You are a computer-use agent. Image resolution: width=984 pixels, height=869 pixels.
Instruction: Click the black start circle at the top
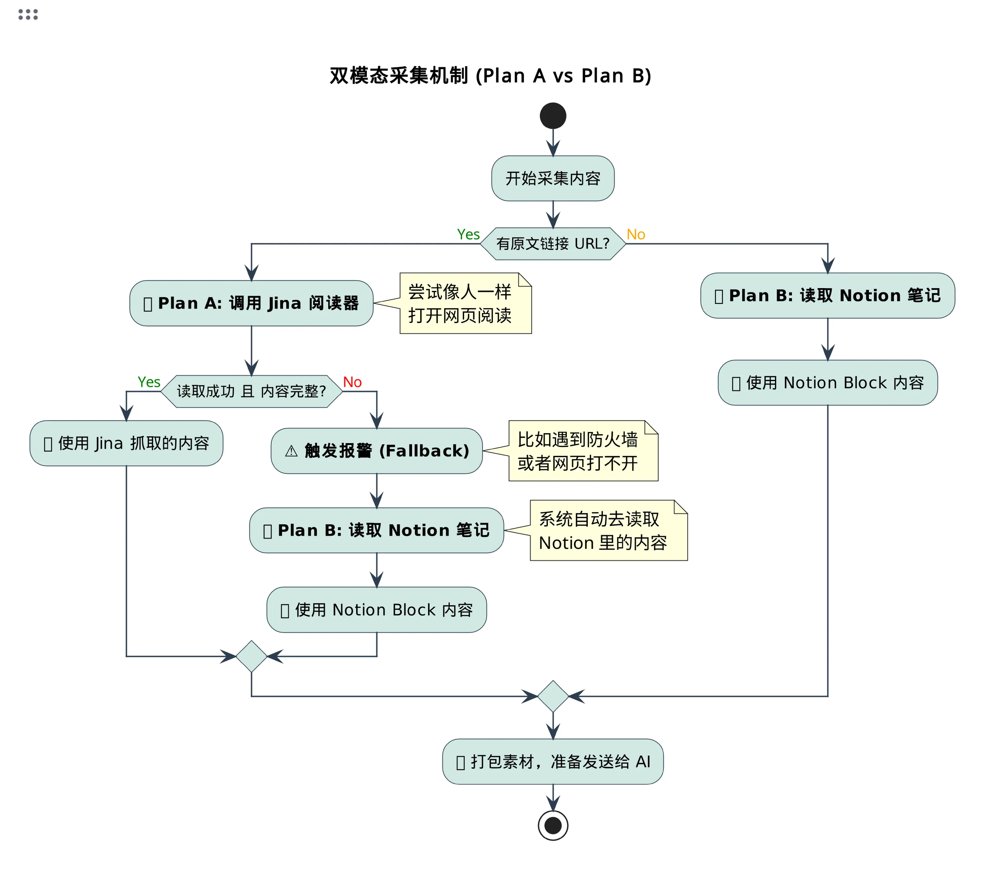[553, 116]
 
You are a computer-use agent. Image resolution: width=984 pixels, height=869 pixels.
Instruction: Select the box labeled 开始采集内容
[553, 178]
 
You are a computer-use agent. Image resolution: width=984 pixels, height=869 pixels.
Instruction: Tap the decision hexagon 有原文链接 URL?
[553, 244]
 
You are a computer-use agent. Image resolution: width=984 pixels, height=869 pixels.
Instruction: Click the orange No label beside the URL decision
[635, 235]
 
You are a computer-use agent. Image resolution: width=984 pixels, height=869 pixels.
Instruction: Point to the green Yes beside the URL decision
[468, 235]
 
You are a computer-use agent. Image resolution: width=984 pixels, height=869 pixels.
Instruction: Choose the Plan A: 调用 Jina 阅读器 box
[251, 303]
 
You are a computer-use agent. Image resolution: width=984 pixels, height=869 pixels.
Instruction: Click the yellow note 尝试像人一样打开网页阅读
[465, 304]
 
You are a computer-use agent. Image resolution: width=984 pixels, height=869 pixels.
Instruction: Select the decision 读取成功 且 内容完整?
[251, 391]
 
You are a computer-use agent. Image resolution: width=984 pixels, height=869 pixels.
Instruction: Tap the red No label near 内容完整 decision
[352, 382]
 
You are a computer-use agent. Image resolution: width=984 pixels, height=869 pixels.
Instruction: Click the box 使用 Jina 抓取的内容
[126, 443]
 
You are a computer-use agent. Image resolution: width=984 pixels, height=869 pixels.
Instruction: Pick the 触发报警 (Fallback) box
[377, 451]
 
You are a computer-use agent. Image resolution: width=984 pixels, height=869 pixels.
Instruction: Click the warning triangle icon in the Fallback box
[291, 451]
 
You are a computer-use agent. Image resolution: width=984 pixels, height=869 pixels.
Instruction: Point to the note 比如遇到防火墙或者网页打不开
[583, 451]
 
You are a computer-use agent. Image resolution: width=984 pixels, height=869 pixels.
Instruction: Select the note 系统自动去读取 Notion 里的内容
[608, 530]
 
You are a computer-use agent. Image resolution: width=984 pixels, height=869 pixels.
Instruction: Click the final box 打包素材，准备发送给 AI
[553, 762]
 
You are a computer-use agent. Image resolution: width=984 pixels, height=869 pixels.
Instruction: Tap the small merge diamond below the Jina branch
[251, 656]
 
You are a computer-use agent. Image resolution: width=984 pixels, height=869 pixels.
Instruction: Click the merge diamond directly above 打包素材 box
[553, 696]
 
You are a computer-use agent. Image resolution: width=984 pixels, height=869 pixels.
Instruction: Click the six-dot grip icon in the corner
[28, 14]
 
